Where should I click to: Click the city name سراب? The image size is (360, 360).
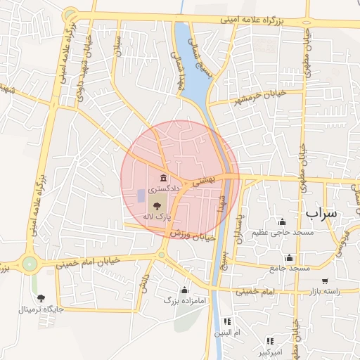click(321, 212)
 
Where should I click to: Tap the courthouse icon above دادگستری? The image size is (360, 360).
click(163, 177)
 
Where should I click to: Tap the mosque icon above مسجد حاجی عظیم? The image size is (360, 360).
click(283, 221)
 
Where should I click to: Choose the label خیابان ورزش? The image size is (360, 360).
click(169, 231)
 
